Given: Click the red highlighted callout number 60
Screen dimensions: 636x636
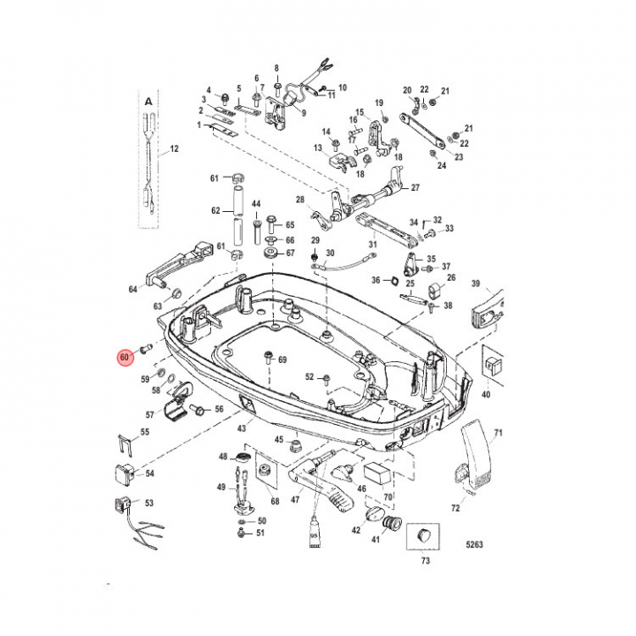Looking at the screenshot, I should coord(125,358).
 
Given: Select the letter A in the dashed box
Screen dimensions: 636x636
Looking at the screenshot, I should coord(148,102).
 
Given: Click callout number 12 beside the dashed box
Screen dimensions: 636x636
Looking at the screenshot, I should coord(174,148).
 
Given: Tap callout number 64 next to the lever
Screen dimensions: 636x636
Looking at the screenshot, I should coord(133,289).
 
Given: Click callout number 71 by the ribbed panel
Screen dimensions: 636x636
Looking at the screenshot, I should coord(497,433).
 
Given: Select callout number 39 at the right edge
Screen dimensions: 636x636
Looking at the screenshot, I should coord(500,284).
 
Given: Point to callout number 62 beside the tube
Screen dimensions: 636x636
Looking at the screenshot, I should coord(215,211).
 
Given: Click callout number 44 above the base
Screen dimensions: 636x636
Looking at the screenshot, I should coord(256,204).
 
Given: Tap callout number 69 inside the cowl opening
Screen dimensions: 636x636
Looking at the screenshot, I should coord(283,360).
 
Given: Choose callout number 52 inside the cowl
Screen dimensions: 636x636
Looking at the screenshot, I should coord(310,377).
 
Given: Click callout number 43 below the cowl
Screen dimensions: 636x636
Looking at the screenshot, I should coord(240,428).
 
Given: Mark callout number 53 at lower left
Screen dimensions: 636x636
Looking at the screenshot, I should coord(148,503).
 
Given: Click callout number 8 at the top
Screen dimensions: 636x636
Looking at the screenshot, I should coord(276,68).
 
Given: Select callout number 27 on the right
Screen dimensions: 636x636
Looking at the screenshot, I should coord(415,187).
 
